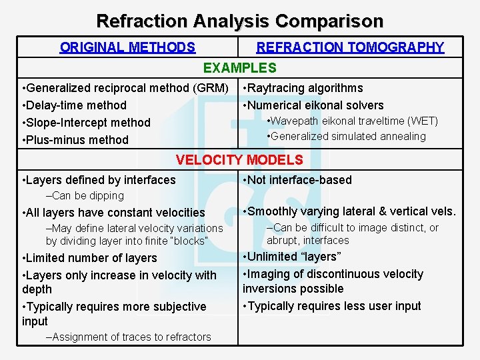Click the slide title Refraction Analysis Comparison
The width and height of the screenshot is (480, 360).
pyautogui.click(x=240, y=21)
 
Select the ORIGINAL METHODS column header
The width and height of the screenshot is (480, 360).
pyautogui.click(x=127, y=47)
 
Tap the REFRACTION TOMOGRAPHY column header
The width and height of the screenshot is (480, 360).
pyautogui.click(x=350, y=47)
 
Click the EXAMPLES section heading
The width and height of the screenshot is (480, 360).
pyautogui.click(x=239, y=68)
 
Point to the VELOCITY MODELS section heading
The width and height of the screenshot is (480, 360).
pyautogui.click(x=239, y=160)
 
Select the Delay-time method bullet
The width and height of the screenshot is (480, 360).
pyautogui.click(x=74, y=105)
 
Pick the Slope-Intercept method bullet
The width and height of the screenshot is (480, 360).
pyautogui.click(x=86, y=123)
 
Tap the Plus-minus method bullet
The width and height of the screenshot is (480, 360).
pyautogui.click(x=75, y=140)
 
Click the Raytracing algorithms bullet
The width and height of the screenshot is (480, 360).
pyautogui.click(x=303, y=88)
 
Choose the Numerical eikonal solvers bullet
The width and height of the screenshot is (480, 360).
pyautogui.click(x=313, y=105)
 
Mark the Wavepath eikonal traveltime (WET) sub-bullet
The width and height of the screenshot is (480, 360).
pyautogui.click(x=352, y=121)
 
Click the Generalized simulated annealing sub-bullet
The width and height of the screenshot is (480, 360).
pyautogui.click(x=346, y=137)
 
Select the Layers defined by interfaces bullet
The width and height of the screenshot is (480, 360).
pyautogui.click(x=99, y=180)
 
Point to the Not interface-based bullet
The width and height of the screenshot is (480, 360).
pyautogui.click(x=297, y=180)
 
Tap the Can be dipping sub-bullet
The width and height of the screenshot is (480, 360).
pyautogui.click(x=85, y=196)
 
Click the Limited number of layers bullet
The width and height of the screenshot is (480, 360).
pyautogui.click(x=89, y=258)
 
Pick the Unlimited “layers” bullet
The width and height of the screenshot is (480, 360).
pyautogui.click(x=293, y=257)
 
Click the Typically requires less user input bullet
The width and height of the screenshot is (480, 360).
pyautogui.click(x=332, y=306)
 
